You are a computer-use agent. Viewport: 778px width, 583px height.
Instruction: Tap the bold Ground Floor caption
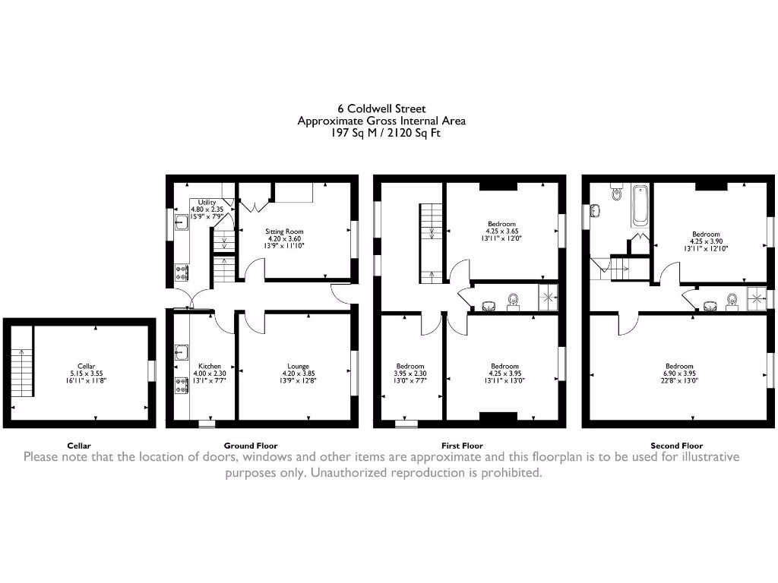click(251, 446)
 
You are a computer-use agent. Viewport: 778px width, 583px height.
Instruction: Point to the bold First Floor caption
click(462, 446)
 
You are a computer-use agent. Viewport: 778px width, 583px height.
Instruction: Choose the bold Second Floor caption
click(676, 446)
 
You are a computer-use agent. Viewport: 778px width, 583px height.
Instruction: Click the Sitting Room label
click(284, 231)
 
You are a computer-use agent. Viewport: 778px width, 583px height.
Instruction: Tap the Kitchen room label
click(210, 366)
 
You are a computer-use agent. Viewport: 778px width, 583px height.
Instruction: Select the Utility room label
click(207, 202)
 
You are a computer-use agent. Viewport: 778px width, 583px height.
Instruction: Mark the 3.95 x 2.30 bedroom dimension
click(410, 373)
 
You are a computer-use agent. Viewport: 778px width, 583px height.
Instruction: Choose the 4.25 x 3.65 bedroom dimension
click(501, 232)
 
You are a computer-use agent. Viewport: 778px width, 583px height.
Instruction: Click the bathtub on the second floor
click(640, 205)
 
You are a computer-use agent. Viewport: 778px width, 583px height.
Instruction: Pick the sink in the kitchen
click(181, 351)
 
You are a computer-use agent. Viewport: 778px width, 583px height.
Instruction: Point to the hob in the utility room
click(182, 272)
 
